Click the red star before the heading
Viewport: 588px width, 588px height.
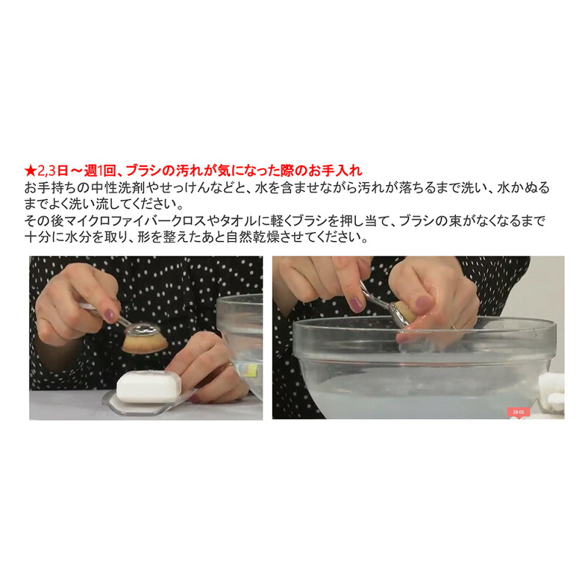pos(30,171)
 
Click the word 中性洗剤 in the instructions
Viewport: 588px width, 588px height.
pos(121,187)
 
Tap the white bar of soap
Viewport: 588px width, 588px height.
pos(149,387)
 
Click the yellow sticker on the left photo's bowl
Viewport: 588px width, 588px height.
pos(250,370)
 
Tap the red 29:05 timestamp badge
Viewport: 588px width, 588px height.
pos(519,412)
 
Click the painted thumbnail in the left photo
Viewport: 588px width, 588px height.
pos(110,315)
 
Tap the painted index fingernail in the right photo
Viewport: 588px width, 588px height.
pos(356,304)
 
